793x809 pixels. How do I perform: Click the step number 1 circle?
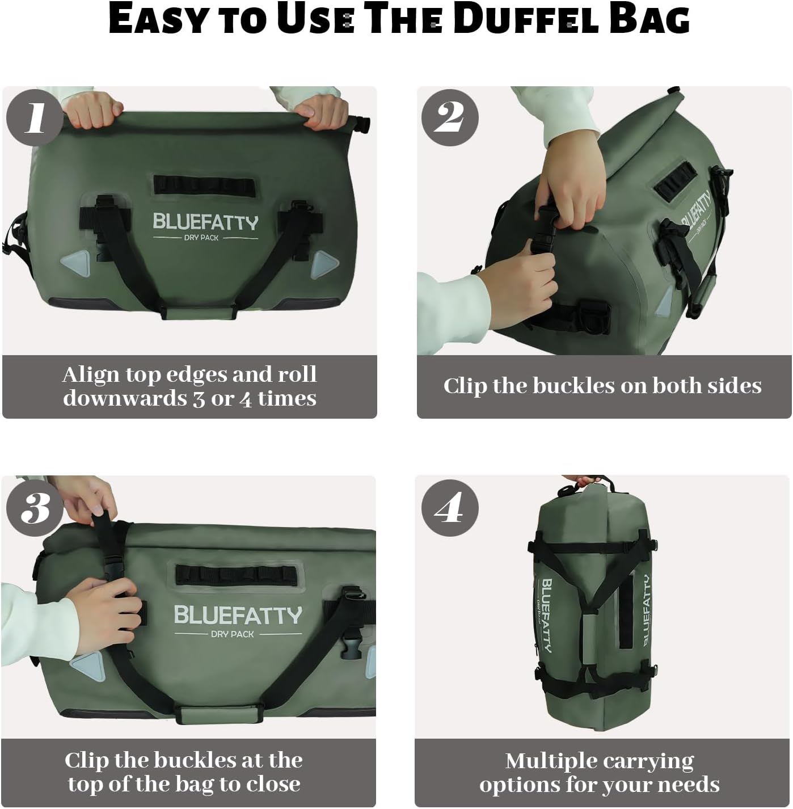pos(35,117)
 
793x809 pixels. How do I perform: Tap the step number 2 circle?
pos(449,117)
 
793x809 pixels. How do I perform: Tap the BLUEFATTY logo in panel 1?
pos(205,222)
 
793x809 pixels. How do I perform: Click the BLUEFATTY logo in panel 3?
pos(238,615)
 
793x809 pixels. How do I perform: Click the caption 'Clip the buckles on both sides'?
pos(602,386)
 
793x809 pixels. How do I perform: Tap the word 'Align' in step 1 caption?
pos(90,374)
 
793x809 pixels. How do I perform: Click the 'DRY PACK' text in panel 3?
pos(233,634)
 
